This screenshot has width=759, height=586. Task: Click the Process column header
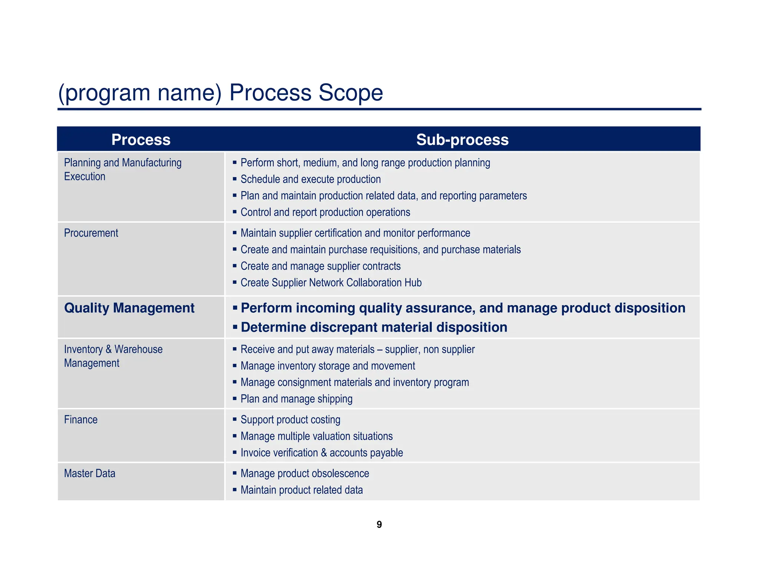point(141,140)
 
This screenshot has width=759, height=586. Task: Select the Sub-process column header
point(462,140)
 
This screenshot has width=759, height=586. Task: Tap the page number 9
point(379,525)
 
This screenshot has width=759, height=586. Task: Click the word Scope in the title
point(350,93)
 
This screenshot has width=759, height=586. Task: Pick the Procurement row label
point(91,233)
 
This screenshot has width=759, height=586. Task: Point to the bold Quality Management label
point(129,308)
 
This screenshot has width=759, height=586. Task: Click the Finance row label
point(81,420)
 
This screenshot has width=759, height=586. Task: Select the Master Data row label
point(90,473)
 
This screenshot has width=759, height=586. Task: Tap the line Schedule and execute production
point(311,179)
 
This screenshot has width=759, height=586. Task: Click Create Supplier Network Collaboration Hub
point(331,283)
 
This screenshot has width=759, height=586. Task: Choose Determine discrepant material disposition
point(374,327)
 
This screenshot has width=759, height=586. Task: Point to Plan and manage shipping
point(296,399)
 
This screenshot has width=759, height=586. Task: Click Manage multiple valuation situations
point(316,436)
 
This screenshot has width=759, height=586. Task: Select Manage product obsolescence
point(305,473)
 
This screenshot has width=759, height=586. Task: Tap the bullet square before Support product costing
point(235,419)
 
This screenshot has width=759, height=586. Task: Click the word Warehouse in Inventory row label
point(138,349)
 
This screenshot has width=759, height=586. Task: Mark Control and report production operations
point(325,212)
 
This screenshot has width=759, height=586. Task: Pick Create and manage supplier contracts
point(321,266)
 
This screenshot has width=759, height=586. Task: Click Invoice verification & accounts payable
point(322,453)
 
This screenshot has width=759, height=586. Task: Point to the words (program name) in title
point(140,93)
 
